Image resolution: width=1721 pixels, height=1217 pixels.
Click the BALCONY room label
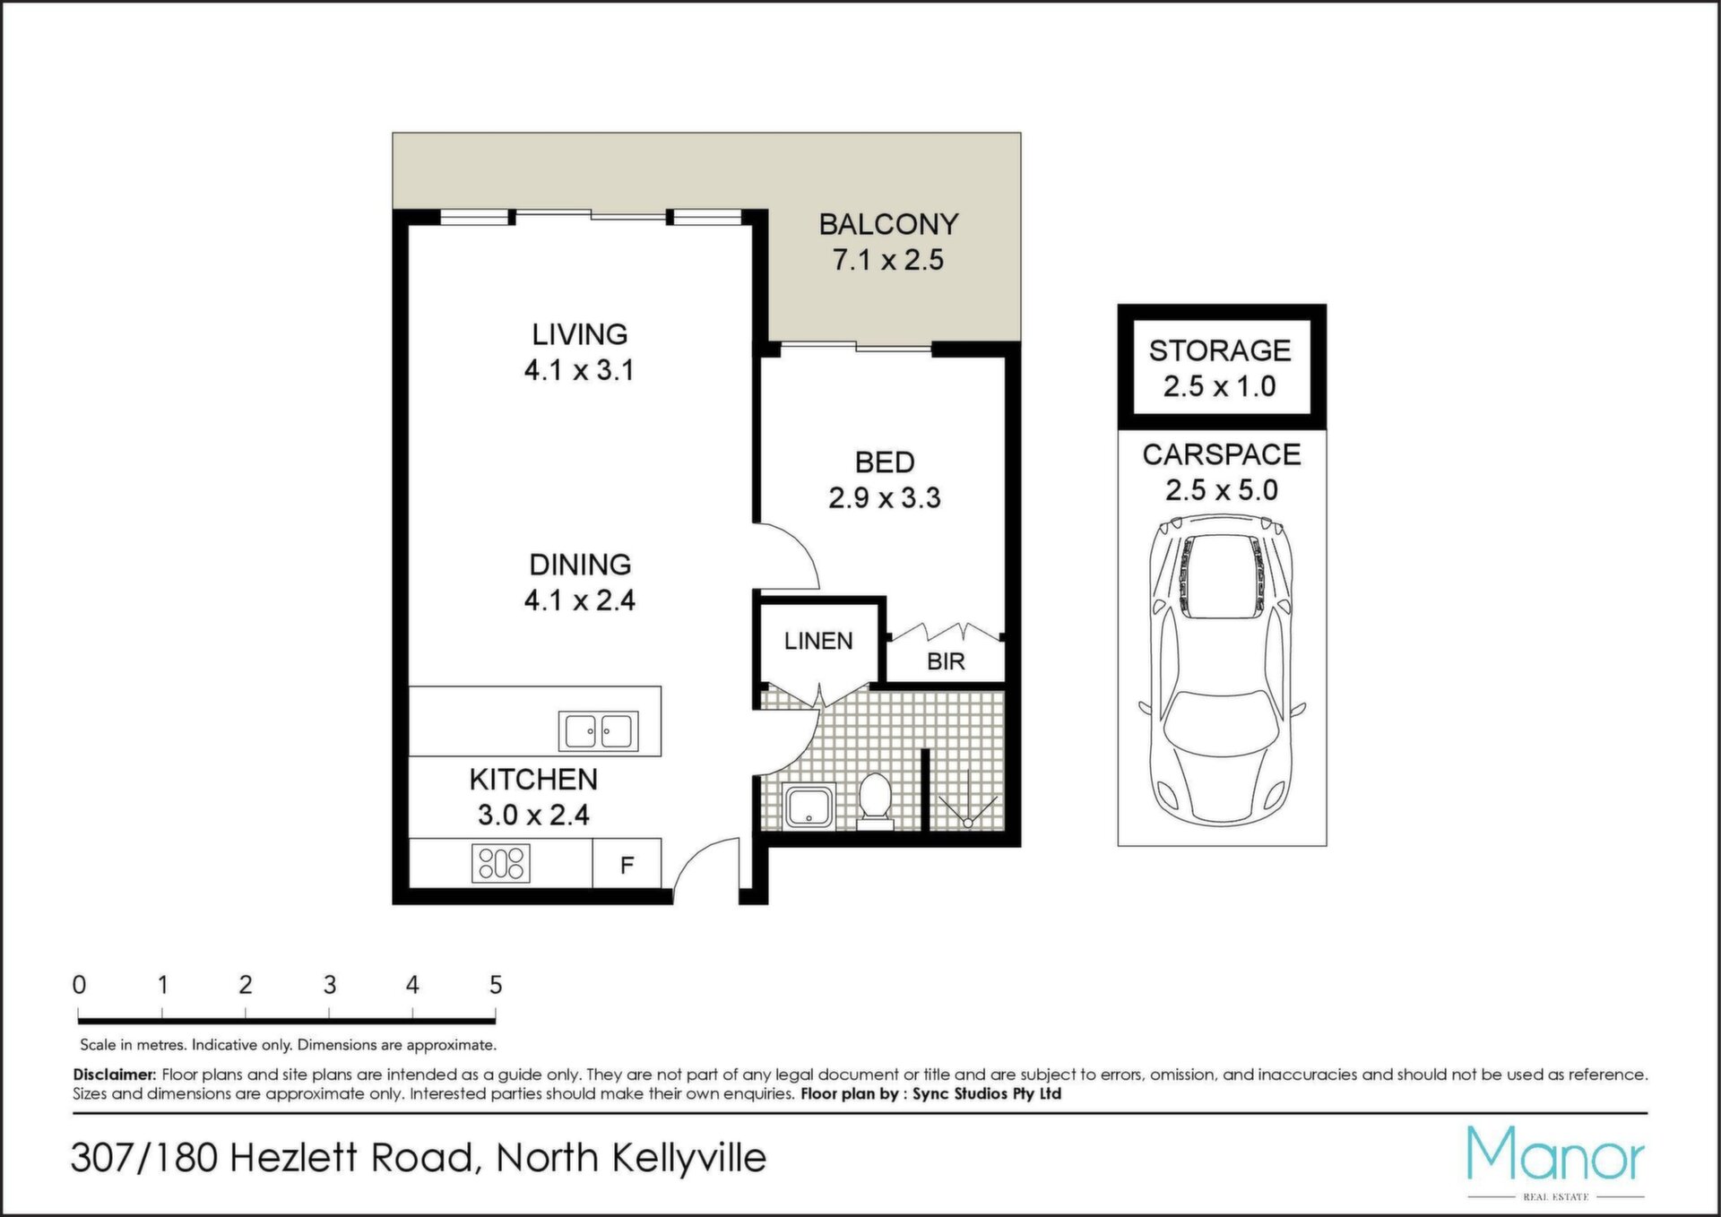(x=888, y=224)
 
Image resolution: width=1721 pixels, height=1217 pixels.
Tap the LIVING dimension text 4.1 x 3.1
(x=579, y=370)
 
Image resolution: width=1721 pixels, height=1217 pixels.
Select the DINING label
(x=580, y=565)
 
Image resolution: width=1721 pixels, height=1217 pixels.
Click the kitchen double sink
(x=599, y=730)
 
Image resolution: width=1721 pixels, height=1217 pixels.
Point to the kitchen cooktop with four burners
(x=501, y=863)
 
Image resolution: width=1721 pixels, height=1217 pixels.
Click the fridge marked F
(x=627, y=865)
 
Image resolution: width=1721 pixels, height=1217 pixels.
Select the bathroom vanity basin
(x=809, y=806)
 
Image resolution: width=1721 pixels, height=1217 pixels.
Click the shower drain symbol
(x=968, y=822)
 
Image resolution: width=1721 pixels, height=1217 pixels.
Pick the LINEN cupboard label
(x=818, y=641)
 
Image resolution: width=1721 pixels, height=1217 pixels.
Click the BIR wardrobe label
(x=946, y=661)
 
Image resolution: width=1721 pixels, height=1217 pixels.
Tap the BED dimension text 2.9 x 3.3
(x=884, y=498)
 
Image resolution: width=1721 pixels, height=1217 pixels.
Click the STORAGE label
(x=1220, y=350)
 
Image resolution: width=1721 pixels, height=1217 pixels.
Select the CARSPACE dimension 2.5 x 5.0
(x=1222, y=490)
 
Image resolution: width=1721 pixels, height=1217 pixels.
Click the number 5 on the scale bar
(x=496, y=985)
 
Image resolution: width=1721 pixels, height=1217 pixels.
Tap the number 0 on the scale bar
(x=80, y=985)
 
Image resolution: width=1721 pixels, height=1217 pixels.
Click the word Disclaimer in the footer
(x=115, y=1075)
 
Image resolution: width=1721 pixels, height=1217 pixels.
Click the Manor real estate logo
(x=1556, y=1161)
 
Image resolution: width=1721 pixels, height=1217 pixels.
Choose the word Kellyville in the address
(x=689, y=1159)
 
